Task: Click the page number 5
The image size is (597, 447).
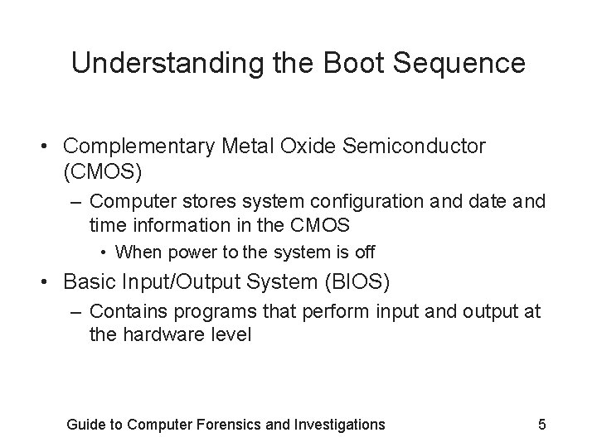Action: click(542, 425)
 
